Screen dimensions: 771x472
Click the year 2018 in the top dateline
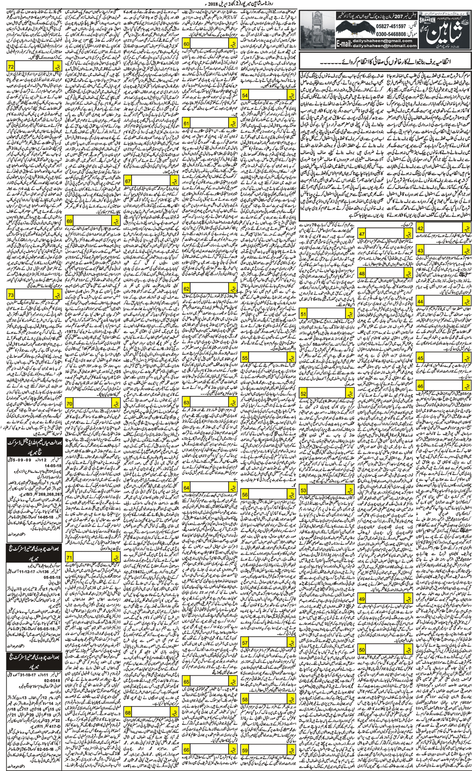tap(214, 4)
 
